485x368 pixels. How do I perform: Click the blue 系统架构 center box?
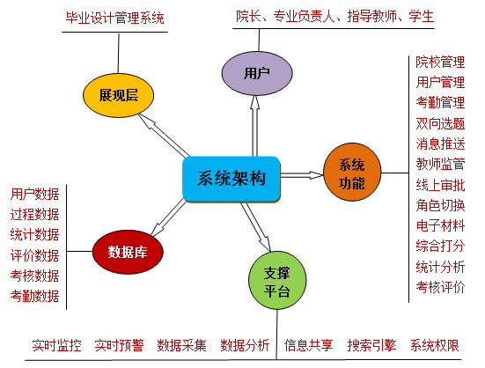231,180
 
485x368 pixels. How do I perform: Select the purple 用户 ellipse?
257,74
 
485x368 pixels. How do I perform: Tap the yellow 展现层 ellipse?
118,95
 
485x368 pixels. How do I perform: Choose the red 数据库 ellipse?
128,252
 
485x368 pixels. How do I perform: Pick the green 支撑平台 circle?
277,281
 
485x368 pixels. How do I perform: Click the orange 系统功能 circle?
352,173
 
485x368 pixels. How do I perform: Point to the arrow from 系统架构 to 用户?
254,126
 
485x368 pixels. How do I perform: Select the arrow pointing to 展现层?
164,135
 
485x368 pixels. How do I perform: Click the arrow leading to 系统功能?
302,175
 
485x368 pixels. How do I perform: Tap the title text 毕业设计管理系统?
114,18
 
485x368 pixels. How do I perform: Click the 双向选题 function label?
440,123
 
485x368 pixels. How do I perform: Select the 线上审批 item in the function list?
440,185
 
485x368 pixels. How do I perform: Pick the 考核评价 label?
440,287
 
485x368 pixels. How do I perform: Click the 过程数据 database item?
34,214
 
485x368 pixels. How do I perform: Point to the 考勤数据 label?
34,296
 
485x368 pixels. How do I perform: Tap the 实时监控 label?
56,345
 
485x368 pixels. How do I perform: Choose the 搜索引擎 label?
371,345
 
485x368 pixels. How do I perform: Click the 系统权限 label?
435,345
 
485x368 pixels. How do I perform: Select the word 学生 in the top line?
422,16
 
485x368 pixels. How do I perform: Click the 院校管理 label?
440,62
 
